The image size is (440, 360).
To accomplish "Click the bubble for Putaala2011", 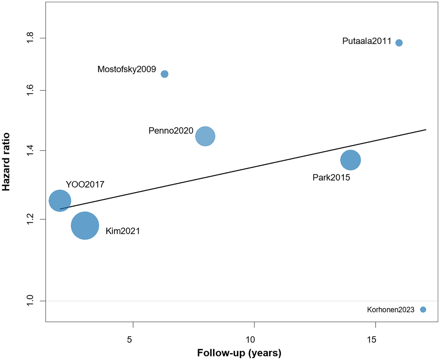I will (399, 43).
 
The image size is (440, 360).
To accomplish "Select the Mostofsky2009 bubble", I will (165, 74).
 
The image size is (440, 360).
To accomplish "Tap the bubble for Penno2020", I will (205, 136).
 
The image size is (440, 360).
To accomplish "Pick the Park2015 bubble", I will (350, 160).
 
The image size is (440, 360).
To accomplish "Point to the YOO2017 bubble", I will (60, 201).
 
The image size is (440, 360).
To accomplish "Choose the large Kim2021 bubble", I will (85, 226).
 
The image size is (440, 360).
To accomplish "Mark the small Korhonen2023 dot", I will (423, 309).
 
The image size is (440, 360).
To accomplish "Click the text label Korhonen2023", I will (391, 310).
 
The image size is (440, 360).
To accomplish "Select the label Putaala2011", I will (366, 41).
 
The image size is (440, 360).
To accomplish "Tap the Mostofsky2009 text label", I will (127, 69).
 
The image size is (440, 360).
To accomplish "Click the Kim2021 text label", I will (123, 231).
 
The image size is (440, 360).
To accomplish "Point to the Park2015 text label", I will (331, 177).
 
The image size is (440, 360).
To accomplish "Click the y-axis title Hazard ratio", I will (6, 162).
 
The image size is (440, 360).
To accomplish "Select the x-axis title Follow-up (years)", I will (239, 353).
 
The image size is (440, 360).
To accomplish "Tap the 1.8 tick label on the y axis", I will (30, 38).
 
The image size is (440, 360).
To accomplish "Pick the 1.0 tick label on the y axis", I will (30, 301).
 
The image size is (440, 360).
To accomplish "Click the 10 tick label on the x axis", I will (250, 339).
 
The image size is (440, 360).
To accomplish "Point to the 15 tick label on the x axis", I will (371, 339).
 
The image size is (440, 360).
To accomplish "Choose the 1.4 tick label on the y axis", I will (30, 151).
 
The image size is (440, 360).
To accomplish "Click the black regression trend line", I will (255, 166).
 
